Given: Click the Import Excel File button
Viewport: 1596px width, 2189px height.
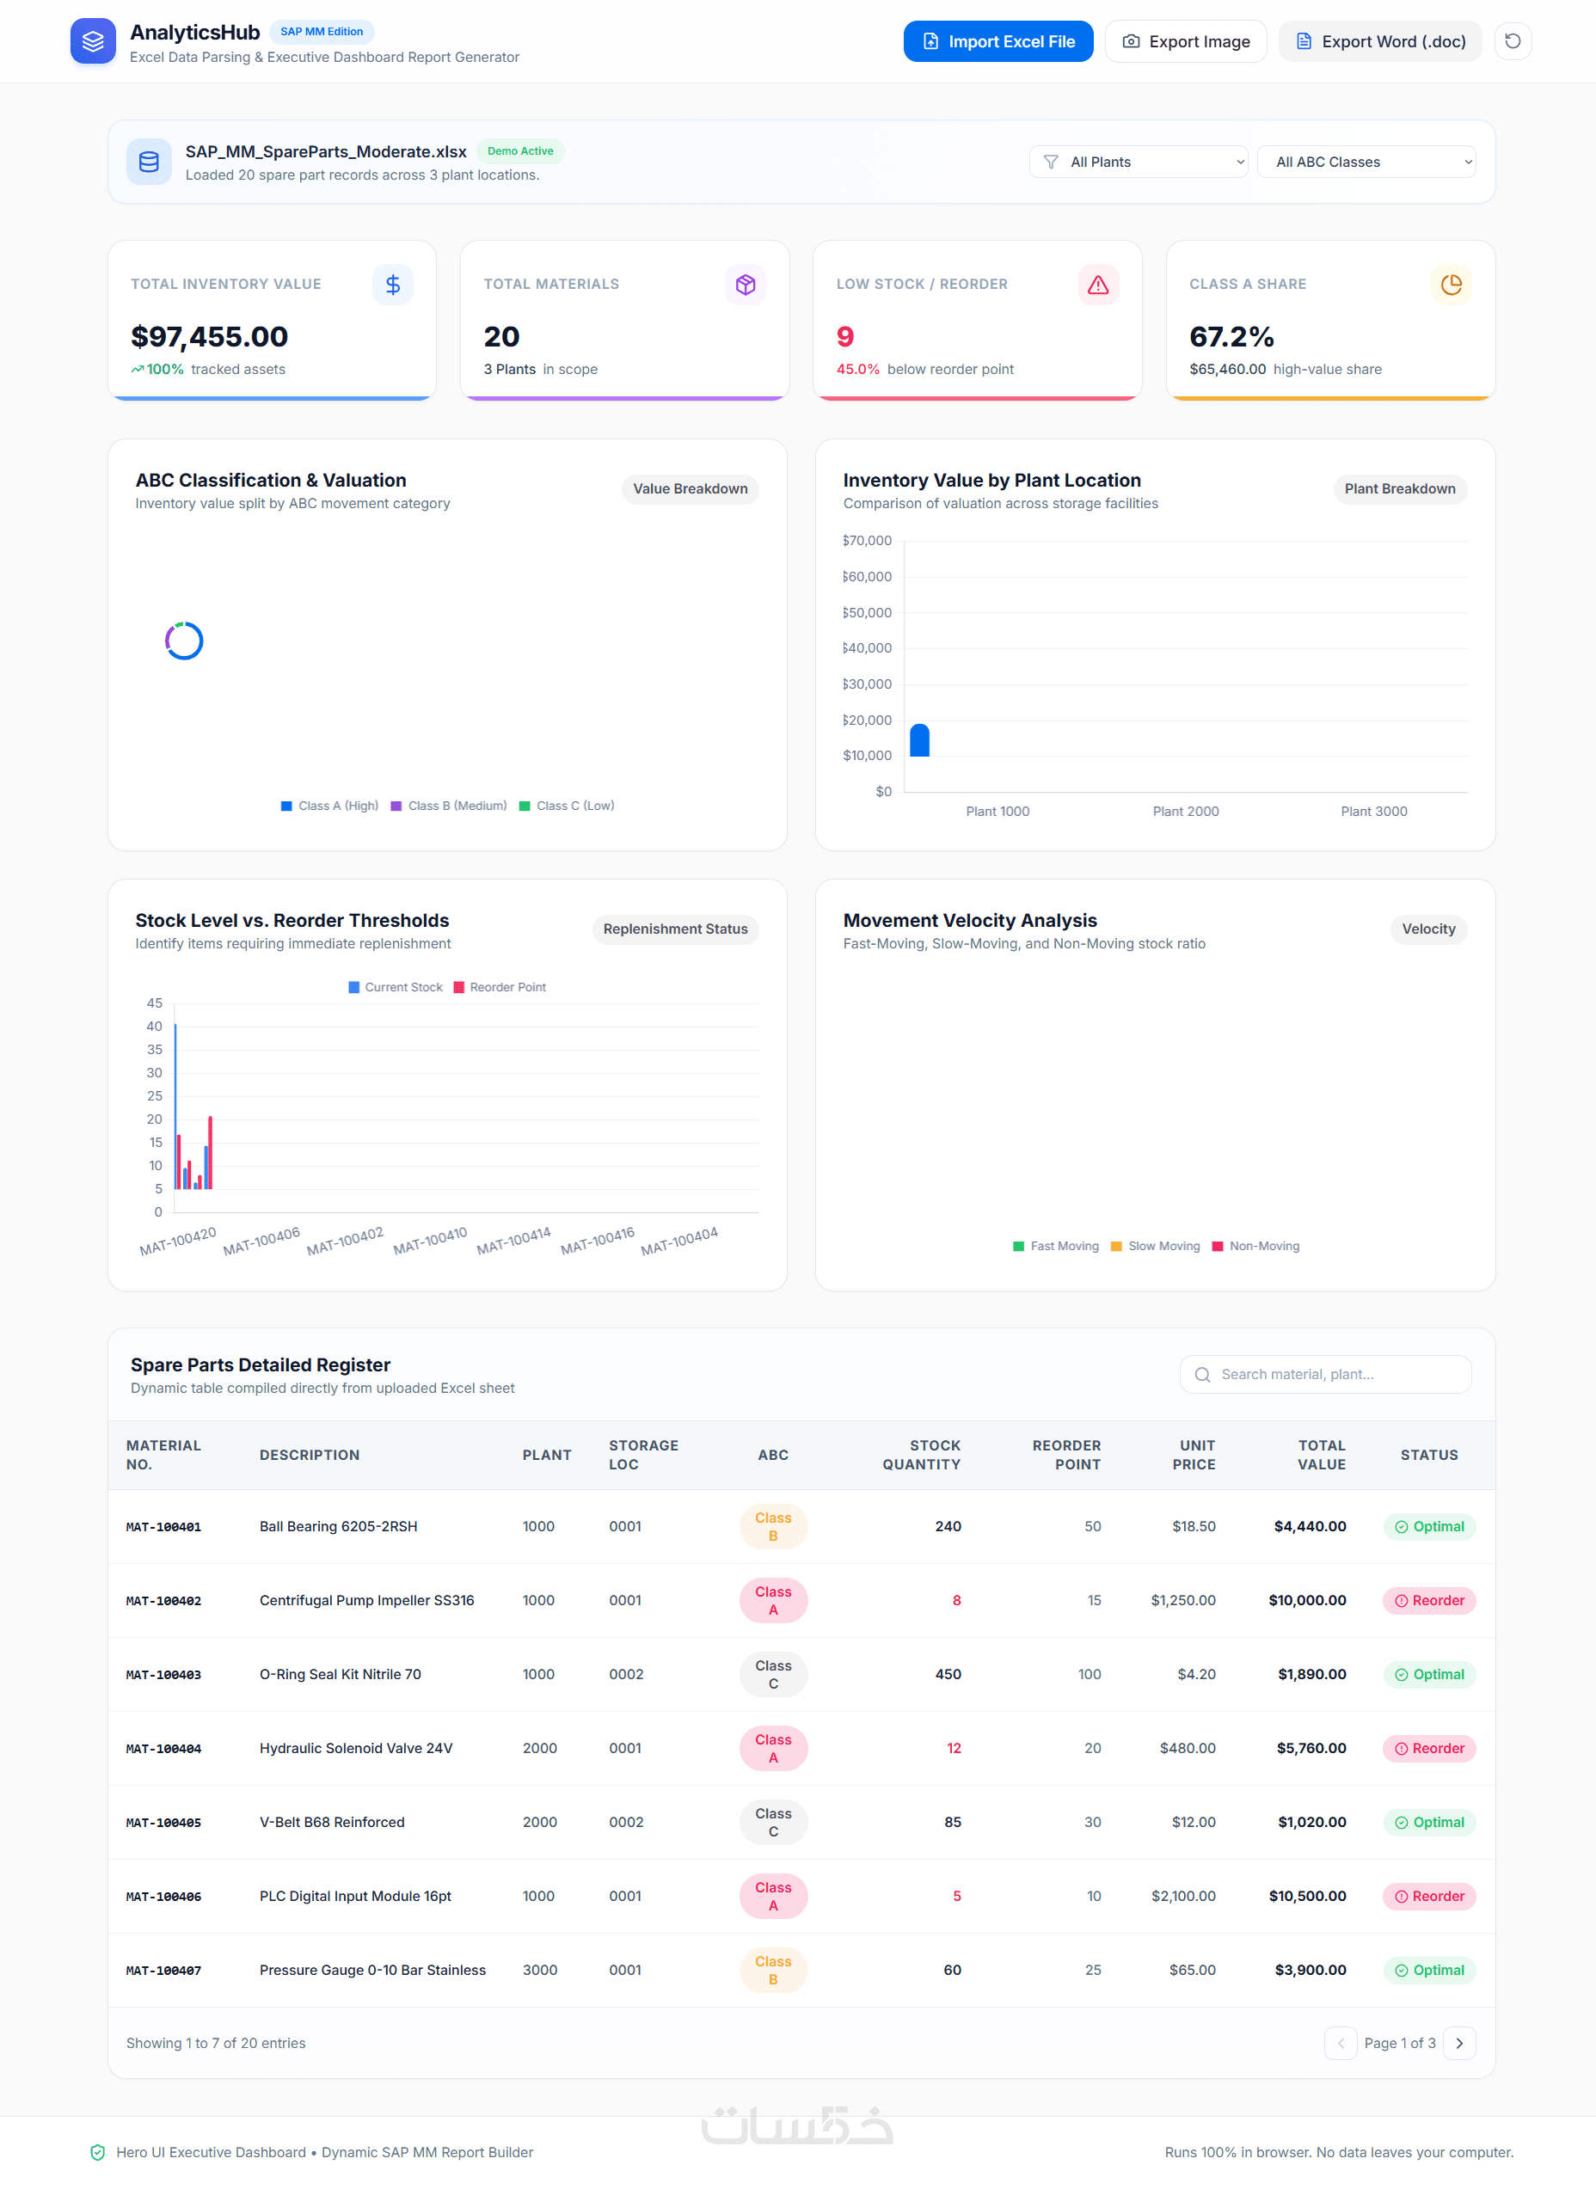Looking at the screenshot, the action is click(998, 41).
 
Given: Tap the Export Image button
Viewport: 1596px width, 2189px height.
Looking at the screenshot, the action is click(1186, 41).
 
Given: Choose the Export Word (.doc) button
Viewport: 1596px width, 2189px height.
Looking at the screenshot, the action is click(1379, 41).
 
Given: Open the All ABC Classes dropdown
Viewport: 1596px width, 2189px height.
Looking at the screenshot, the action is click(1366, 162).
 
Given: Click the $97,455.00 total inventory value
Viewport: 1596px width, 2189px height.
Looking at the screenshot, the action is click(210, 336).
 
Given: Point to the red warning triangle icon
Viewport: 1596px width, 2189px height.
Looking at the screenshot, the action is click(1098, 285).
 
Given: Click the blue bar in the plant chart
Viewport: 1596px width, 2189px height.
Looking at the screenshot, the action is click(920, 740).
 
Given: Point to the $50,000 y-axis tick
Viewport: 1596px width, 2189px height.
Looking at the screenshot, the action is click(867, 612).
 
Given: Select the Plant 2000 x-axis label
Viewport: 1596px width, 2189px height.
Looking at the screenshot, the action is click(1186, 812).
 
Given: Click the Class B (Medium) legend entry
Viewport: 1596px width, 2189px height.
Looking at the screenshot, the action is click(448, 806).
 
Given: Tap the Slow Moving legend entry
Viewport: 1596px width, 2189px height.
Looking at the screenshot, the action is click(1156, 1246).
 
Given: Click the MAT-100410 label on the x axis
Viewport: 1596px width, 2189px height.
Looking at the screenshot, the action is click(430, 1242).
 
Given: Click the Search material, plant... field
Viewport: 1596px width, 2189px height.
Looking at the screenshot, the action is click(1325, 1374).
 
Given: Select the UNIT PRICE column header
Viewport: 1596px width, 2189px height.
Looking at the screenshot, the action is click(1194, 1455).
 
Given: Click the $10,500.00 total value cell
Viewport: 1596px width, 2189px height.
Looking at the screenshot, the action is click(1307, 1897).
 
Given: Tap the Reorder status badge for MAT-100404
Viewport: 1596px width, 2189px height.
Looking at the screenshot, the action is click(1429, 1749).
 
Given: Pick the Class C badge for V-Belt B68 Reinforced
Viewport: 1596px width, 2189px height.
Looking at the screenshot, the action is click(773, 1823).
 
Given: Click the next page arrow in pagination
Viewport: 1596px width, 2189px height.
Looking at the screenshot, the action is click(1458, 2043).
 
